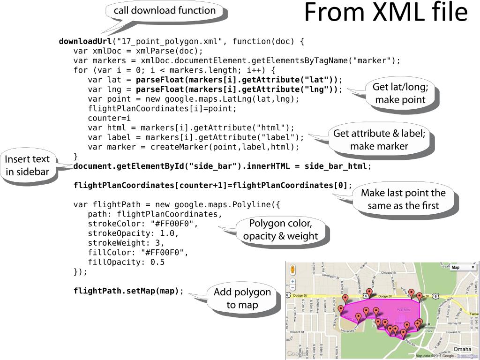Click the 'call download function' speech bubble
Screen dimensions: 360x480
(x=165, y=11)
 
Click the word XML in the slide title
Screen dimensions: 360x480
(x=396, y=13)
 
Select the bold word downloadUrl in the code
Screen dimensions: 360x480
(x=85, y=41)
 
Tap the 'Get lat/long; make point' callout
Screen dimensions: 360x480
(x=400, y=93)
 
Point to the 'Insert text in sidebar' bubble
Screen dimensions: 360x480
(x=27, y=165)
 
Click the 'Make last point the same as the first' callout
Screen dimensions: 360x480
(x=403, y=199)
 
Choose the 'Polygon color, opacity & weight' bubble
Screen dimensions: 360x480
(x=280, y=230)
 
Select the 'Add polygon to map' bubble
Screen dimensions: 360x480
(x=242, y=298)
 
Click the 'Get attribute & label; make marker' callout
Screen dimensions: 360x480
(x=379, y=140)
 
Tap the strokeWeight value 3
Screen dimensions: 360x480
(x=162, y=243)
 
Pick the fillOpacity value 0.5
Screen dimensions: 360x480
(x=157, y=262)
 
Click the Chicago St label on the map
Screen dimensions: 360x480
(x=389, y=272)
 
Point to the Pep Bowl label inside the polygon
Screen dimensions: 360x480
(x=403, y=310)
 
